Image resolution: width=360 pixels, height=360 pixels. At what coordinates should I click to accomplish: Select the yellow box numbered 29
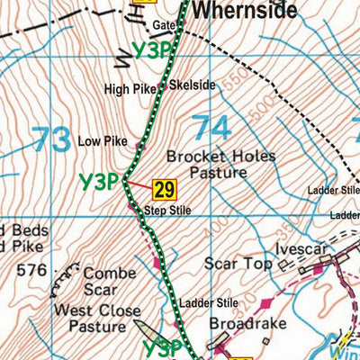pyautogui.click(x=164, y=189)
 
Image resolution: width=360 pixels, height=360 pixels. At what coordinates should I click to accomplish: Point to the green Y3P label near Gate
pyautogui.click(x=151, y=50)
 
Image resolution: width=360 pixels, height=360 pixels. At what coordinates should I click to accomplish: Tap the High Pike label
pyautogui.click(x=130, y=89)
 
